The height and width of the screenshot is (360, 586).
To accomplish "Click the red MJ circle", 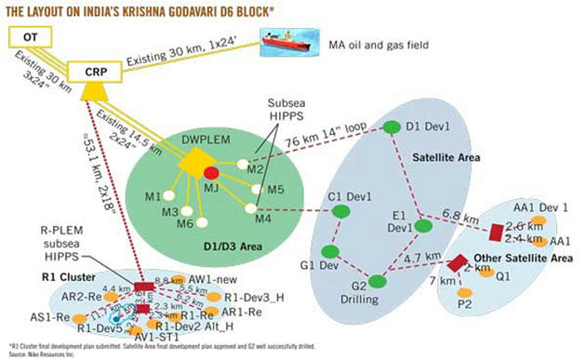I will [211, 173].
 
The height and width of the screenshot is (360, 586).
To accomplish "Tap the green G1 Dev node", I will [328, 251].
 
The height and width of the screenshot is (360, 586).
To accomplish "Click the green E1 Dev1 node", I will [422, 224].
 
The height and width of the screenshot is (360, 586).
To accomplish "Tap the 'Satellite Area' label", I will [446, 158].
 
